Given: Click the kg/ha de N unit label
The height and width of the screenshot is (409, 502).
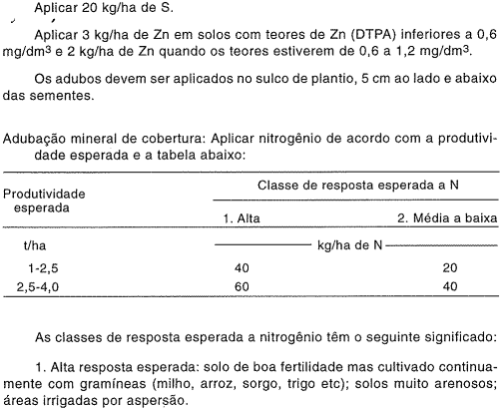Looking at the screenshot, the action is [347, 244].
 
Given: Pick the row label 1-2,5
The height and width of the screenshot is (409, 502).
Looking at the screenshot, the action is [43, 267].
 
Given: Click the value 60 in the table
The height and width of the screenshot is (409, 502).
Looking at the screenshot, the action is [242, 286].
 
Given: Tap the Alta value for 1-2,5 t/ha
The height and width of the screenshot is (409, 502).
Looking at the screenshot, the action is [242, 267].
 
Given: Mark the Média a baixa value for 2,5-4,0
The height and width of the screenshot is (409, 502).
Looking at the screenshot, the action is [451, 286].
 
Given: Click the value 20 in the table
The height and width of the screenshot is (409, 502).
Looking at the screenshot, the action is [451, 267].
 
